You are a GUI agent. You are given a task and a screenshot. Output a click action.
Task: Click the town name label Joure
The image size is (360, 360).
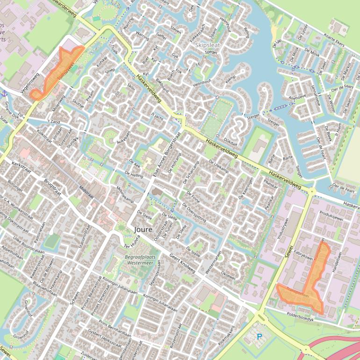tap(143, 230)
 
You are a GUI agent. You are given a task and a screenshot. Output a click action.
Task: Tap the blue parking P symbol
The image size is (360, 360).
tap(260, 336)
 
